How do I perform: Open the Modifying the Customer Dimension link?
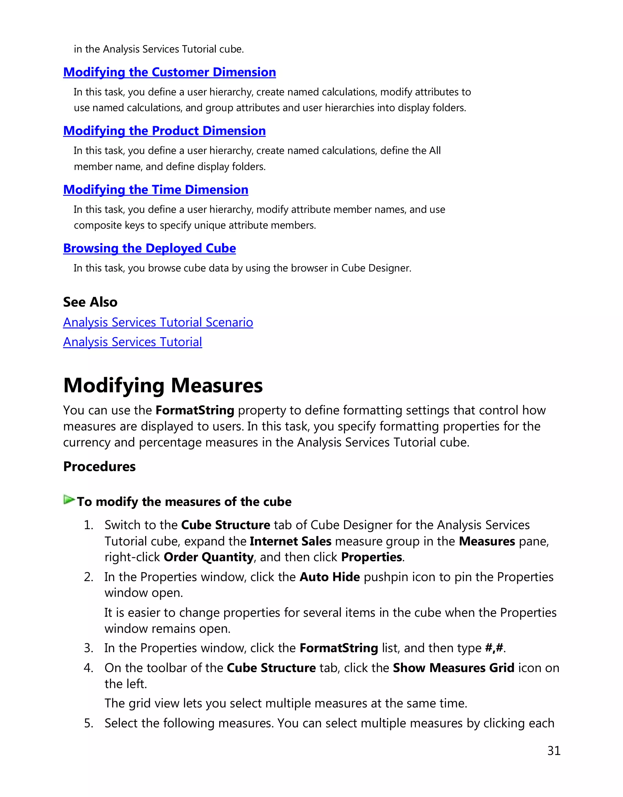169,72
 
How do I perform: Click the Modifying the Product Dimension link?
164,131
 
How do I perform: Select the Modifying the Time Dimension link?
155,190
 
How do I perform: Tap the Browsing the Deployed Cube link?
149,248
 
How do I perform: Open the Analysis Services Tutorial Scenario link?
158,323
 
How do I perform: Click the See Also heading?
90,302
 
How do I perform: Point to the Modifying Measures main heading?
163,385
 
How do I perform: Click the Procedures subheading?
99,467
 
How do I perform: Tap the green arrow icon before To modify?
69,500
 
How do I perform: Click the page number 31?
554,751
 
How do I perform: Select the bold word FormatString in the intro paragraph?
194,411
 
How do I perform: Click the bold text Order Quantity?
208,557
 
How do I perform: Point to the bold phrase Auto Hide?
329,577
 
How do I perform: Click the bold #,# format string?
494,648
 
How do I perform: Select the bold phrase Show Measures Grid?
453,668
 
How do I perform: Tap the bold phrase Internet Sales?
290,541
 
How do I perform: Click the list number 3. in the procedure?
88,648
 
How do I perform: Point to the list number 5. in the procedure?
88,723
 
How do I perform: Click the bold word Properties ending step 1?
371,557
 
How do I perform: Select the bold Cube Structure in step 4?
271,668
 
